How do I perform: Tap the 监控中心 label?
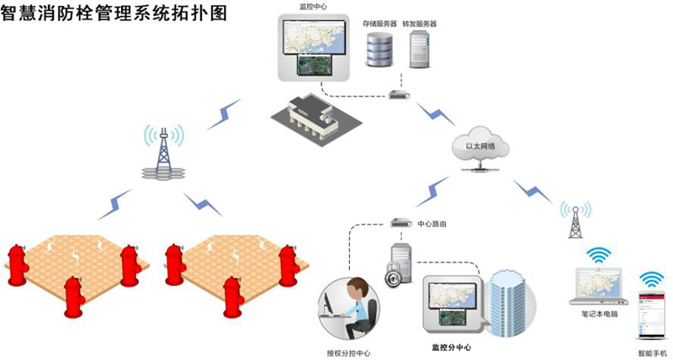click(313, 7)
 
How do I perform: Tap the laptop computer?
click(599, 288)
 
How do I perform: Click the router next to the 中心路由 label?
click(399, 225)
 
